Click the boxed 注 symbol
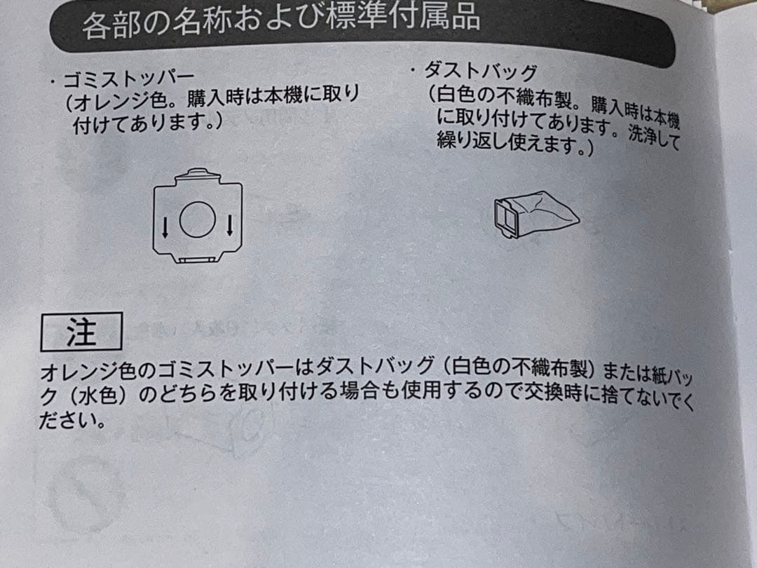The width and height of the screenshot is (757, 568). pyautogui.click(x=81, y=332)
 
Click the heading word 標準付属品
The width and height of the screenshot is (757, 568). pyautogui.click(x=403, y=18)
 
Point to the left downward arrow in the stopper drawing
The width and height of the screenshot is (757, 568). pyautogui.click(x=164, y=226)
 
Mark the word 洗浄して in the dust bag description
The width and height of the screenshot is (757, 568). pyautogui.click(x=654, y=139)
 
